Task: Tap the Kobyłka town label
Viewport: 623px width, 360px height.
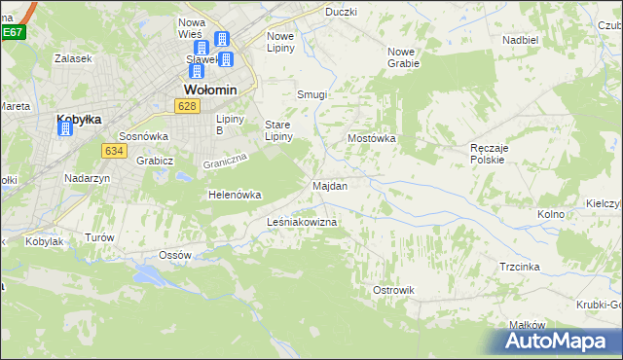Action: [x=79, y=119]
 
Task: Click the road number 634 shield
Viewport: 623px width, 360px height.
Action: [x=113, y=150]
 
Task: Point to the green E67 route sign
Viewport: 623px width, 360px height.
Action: [x=12, y=32]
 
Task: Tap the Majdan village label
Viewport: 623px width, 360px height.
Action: [x=329, y=185]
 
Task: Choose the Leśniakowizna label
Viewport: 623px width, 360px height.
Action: [x=302, y=223]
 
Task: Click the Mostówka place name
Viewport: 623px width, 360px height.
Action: [x=372, y=138]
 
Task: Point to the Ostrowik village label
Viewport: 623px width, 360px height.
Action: [x=393, y=290]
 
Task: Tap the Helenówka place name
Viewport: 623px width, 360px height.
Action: [x=235, y=195]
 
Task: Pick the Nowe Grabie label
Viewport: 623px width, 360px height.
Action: [x=403, y=57]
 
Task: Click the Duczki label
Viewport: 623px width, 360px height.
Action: [x=341, y=12]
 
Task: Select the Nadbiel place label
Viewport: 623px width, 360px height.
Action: [x=520, y=40]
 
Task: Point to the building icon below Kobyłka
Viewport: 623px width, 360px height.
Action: [x=66, y=130]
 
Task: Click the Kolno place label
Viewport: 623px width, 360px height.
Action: [x=551, y=213]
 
